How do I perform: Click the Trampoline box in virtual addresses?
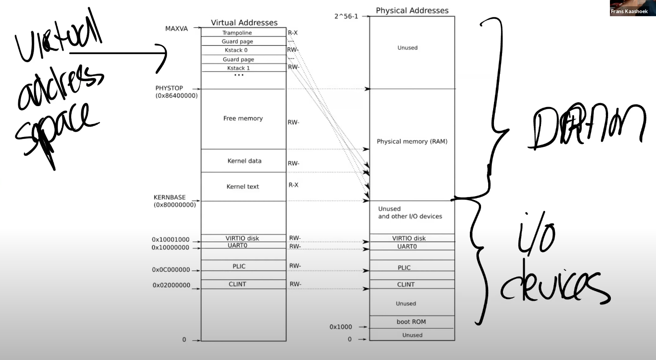(x=237, y=33)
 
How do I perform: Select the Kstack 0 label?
(x=237, y=50)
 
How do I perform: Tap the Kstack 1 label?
(x=238, y=68)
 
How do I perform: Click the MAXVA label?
(x=176, y=29)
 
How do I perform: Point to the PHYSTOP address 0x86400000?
(x=176, y=95)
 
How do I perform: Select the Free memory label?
(x=243, y=119)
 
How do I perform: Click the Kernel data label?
(x=244, y=161)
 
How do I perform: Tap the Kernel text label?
(x=243, y=186)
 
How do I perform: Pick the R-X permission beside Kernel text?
(x=293, y=184)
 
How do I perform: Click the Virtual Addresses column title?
(x=244, y=22)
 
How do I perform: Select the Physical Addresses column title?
(x=412, y=10)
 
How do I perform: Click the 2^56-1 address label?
(x=347, y=17)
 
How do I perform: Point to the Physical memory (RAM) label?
(x=412, y=141)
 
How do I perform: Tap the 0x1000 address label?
(x=341, y=327)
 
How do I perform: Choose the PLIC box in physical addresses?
(x=404, y=268)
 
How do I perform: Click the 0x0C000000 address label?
(x=171, y=270)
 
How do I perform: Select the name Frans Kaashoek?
(x=632, y=12)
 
